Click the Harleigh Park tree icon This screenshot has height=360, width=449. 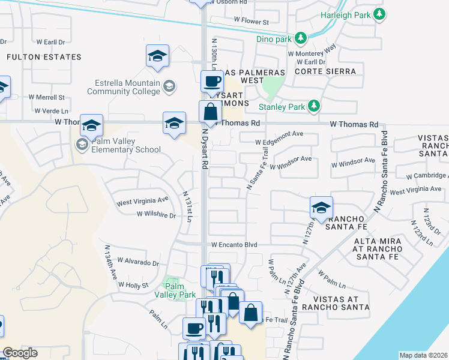click(x=379, y=14)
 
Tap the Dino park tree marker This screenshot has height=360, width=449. click(x=301, y=39)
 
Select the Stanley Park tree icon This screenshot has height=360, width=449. click(x=313, y=107)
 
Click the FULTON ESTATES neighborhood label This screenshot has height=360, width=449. click(x=44, y=57)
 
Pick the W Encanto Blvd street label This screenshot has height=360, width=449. click(x=234, y=245)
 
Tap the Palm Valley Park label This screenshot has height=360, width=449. click(x=180, y=290)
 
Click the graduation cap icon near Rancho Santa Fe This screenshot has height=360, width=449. click(x=322, y=208)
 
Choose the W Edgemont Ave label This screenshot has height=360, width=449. click(x=279, y=142)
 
